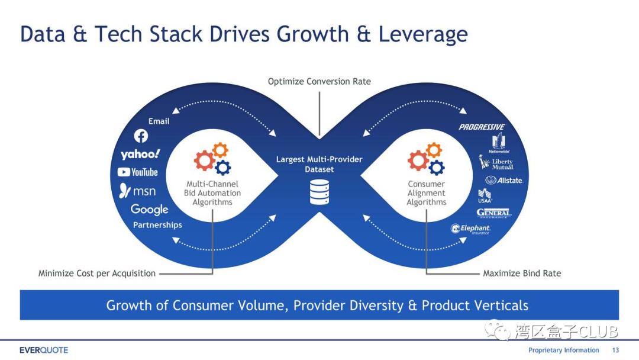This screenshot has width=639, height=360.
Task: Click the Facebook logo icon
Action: tap(141, 136)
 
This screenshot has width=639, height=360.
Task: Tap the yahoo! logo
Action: tap(140, 155)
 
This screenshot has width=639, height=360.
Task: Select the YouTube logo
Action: tap(138, 172)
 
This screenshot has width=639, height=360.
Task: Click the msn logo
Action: tap(138, 191)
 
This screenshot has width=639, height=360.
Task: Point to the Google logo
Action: tap(150, 210)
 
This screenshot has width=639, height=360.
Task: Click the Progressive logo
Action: tap(482, 127)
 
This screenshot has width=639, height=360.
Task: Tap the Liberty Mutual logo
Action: tap(496, 163)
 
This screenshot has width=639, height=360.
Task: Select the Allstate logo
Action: tap(504, 180)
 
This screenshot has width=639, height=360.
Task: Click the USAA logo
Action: tap(485, 195)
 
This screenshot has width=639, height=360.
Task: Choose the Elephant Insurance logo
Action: tap(471, 229)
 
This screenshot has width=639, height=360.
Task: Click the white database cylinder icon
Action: tap(319, 192)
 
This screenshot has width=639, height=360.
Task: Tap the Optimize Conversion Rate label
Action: tap(319, 82)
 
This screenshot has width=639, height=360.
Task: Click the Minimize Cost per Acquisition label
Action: tap(97, 274)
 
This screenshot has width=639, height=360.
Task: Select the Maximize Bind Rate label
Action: tap(522, 274)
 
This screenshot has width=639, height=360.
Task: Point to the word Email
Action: tap(159, 121)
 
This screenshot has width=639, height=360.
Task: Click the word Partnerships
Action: tap(157, 225)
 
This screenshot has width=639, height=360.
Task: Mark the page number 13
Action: tap(615, 350)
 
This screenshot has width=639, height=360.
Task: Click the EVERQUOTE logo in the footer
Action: tap(44, 350)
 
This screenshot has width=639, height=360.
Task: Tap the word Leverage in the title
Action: tap(423, 34)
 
